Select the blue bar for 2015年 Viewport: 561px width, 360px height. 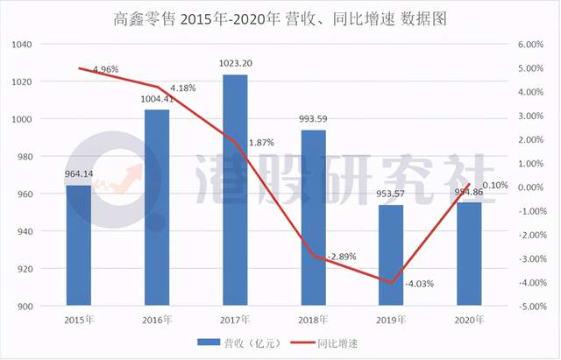pyautogui.click(x=79, y=245)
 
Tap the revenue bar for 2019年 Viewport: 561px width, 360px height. pyautogui.click(x=391, y=255)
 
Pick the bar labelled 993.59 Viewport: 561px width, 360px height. pyautogui.click(x=313, y=218)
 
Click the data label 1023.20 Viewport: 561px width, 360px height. pyautogui.click(x=235, y=63)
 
